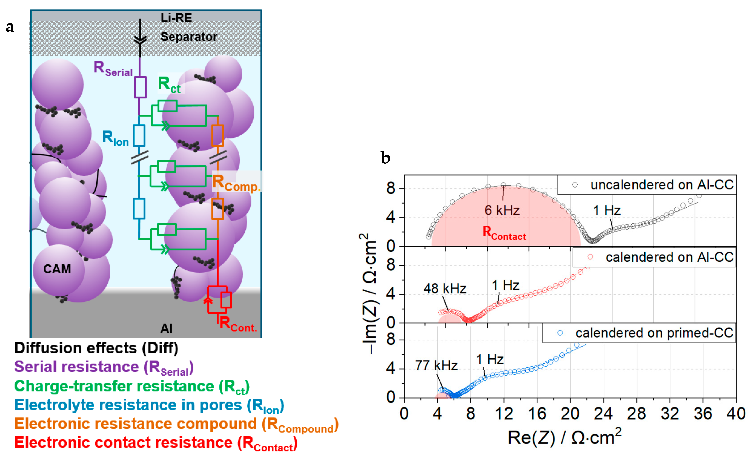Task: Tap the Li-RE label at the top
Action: [176, 18]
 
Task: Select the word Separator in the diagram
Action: [189, 37]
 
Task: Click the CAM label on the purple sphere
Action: [57, 269]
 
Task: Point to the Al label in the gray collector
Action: [167, 328]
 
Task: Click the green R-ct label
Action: [169, 84]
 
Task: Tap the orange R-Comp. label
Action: [236, 183]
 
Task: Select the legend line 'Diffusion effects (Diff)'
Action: [96, 348]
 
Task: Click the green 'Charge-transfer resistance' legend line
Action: [132, 386]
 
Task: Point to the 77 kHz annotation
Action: [436, 365]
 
